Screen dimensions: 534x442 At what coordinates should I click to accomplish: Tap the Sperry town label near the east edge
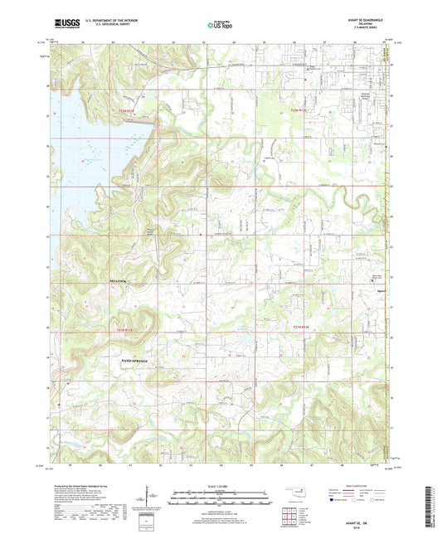click(x=377, y=292)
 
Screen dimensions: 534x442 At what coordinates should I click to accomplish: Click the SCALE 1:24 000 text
click(x=220, y=485)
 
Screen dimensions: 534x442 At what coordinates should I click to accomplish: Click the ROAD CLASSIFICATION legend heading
click(x=358, y=485)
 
